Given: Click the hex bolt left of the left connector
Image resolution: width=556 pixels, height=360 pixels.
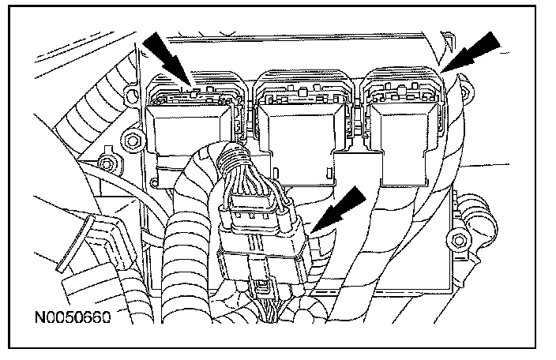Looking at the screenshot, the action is (x=132, y=143).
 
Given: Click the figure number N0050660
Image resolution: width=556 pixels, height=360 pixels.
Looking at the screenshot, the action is (x=71, y=320).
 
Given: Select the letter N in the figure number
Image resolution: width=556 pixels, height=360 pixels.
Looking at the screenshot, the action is (x=39, y=320).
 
